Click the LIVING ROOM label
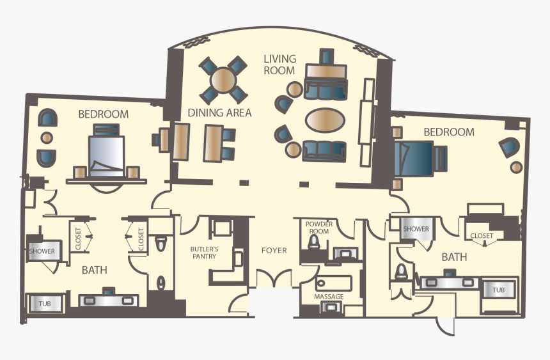[x=279, y=65]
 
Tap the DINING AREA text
[x=219, y=113]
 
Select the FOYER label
[x=274, y=250]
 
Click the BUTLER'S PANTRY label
[x=204, y=252]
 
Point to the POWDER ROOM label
[x=318, y=228]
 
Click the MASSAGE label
[x=328, y=297]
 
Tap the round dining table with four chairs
[x=223, y=80]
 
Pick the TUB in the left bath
[x=45, y=302]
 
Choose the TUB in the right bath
[x=499, y=290]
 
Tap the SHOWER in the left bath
[x=42, y=251]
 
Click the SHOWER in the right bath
[x=416, y=228]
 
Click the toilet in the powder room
[x=314, y=243]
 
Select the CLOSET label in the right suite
[x=482, y=235]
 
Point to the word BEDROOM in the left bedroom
[x=103, y=114]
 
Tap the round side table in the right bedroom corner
[x=515, y=167]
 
